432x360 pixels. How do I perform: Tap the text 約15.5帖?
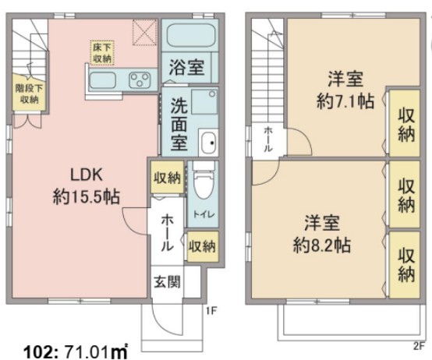(x=87, y=197)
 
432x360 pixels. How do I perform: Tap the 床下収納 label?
(x=101, y=52)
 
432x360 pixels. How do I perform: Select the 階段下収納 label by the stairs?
(x=28, y=94)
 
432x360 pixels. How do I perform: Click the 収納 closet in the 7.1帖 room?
(x=406, y=123)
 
